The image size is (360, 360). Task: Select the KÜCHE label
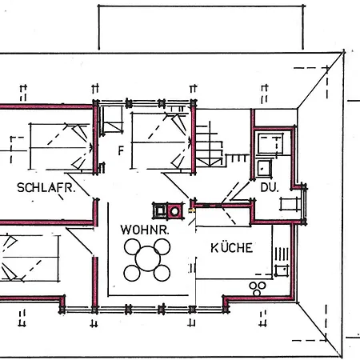(x=231, y=247)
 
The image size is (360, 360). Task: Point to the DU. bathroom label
(x=268, y=187)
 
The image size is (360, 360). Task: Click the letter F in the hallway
(x=121, y=150)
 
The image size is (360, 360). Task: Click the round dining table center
(x=148, y=258)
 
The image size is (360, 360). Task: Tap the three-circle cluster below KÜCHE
(x=258, y=287)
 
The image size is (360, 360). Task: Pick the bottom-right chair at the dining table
(x=162, y=271)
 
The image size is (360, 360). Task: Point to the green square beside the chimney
(x=159, y=210)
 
